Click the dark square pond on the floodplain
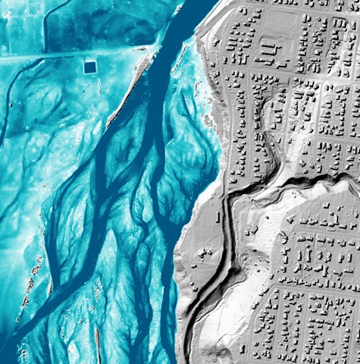coord(90,67)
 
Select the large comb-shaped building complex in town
coord(267,52)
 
